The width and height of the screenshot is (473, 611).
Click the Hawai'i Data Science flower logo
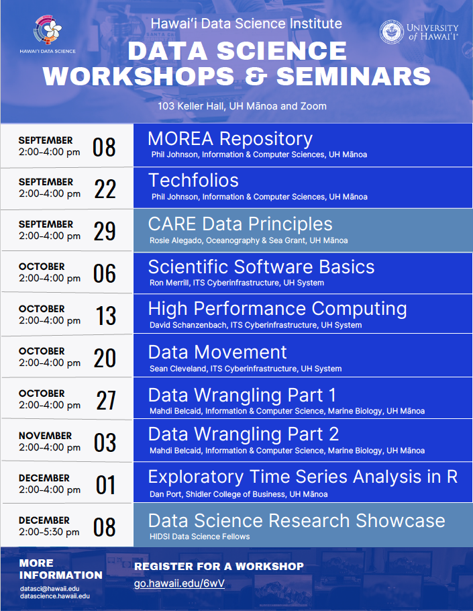[48, 30]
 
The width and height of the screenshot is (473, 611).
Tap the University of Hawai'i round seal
[392, 32]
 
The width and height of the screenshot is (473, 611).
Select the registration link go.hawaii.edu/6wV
[179, 583]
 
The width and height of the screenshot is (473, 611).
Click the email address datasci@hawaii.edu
[50, 589]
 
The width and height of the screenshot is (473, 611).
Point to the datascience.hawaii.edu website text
[55, 596]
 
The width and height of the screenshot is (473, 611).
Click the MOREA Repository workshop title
[230, 139]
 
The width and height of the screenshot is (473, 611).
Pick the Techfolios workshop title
[193, 181]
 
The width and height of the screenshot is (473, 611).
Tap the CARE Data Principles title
[240, 224]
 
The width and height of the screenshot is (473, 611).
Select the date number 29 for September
[105, 231]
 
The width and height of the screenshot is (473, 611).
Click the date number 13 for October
[106, 316]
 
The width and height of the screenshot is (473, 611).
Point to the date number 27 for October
[106, 400]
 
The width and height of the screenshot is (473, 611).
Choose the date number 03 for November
[105, 442]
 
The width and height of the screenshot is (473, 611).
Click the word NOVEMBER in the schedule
[45, 436]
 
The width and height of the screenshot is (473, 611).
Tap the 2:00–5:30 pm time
[49, 532]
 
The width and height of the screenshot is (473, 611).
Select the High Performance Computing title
[278, 309]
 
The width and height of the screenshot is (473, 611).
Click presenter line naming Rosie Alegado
[249, 240]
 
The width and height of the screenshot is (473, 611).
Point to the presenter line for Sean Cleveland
[246, 369]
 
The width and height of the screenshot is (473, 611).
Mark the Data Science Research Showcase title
[297, 520]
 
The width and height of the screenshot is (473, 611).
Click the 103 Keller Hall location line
[242, 106]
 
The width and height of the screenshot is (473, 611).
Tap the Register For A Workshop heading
[219, 566]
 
